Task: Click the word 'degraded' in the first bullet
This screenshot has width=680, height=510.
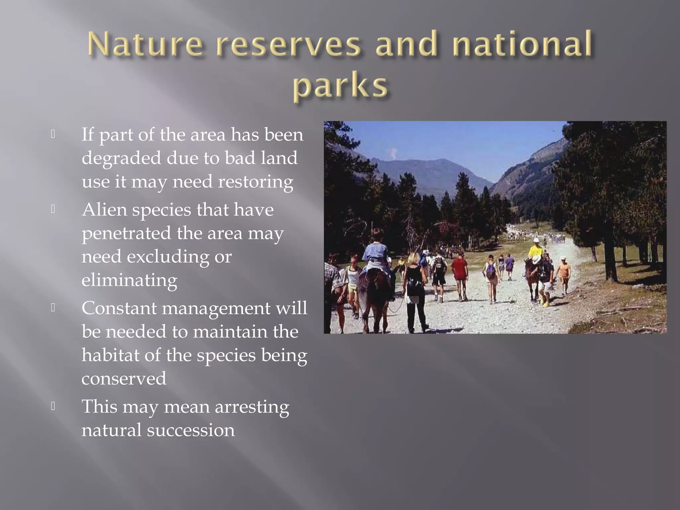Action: [121, 158]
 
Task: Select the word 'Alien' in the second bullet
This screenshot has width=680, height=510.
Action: [104, 210]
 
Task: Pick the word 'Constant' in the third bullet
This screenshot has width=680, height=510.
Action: [119, 308]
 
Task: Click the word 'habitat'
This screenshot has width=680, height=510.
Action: [110, 355]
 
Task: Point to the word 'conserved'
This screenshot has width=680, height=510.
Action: [124, 379]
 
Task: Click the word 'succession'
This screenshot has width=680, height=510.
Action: [191, 430]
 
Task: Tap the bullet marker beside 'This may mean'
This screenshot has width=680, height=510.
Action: [53, 406]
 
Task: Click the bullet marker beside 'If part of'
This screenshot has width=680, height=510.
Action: [53, 134]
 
